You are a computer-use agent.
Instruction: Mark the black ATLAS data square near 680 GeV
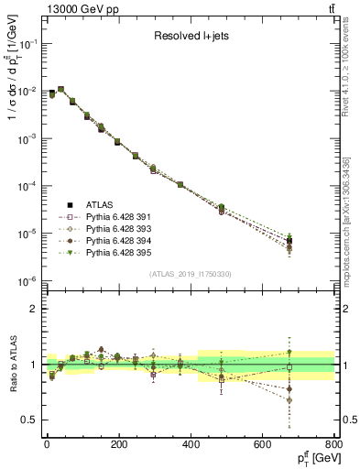[289, 241]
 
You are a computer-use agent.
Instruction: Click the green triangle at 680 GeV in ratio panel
[289, 352]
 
